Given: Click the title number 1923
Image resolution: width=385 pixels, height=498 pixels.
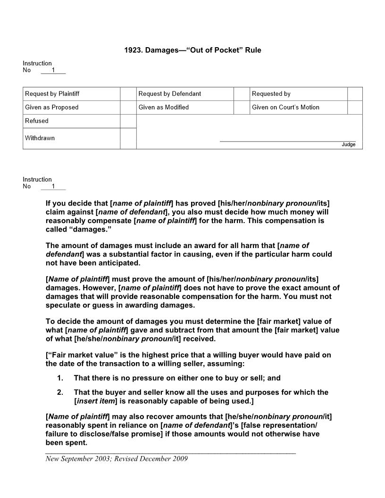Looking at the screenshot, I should (133, 50).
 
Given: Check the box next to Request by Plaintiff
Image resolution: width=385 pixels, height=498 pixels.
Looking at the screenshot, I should (128, 94).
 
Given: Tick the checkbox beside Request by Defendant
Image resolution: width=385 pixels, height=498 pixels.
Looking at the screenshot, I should (242, 94).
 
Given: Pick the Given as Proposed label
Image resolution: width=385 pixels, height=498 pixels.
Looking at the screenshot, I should (52, 107).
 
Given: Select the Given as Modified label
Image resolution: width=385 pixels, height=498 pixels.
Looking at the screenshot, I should (164, 107).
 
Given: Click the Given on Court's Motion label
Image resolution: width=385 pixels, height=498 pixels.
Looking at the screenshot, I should (285, 107).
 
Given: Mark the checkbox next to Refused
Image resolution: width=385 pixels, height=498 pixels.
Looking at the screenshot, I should (128, 121).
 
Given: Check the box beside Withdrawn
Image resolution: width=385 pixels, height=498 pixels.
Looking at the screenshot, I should (128, 138).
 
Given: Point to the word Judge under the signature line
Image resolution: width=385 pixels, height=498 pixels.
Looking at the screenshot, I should (349, 144).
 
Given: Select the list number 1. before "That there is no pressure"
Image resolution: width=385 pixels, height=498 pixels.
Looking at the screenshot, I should (60, 378).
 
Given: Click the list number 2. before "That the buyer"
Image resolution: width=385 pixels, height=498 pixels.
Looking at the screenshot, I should (60, 392).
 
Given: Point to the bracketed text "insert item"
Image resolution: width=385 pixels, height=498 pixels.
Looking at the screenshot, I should (96, 401).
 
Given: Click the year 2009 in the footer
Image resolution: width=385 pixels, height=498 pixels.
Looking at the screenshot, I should (179, 458).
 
